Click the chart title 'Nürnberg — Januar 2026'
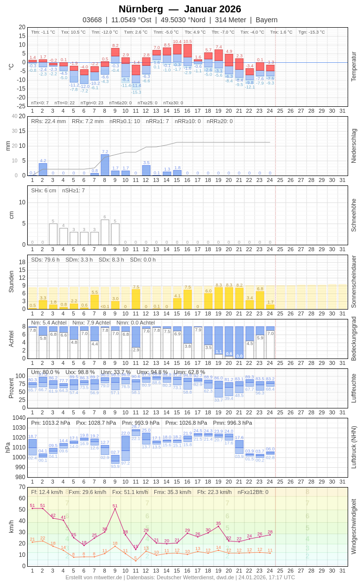pyautogui.click(x=180, y=9)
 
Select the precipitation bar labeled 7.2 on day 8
pyautogui.click(x=105, y=165)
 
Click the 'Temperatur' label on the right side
pyautogui.click(x=354, y=67)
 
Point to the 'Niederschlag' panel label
pyautogui.click(x=354, y=146)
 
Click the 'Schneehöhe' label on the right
pyautogui.click(x=354, y=215)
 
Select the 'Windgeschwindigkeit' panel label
pyautogui.click(x=354, y=526)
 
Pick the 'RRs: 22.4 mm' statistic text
pyautogui.click(x=48, y=121)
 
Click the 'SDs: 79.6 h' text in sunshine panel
pyautogui.click(x=45, y=260)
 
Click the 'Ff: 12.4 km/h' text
pyautogui.click(x=47, y=492)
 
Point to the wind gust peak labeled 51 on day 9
pyautogui.click(x=115, y=509)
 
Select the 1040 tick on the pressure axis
pyautogui.click(x=19, y=418)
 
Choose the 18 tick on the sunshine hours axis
pyautogui.click(x=22, y=262)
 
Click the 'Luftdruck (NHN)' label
pyautogui.click(x=354, y=447)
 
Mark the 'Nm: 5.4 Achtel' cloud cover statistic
pyautogui.click(x=48, y=322)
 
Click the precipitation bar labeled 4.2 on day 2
pyautogui.click(x=43, y=170)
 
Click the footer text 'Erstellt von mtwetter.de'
pyautogui.click(x=94, y=577)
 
